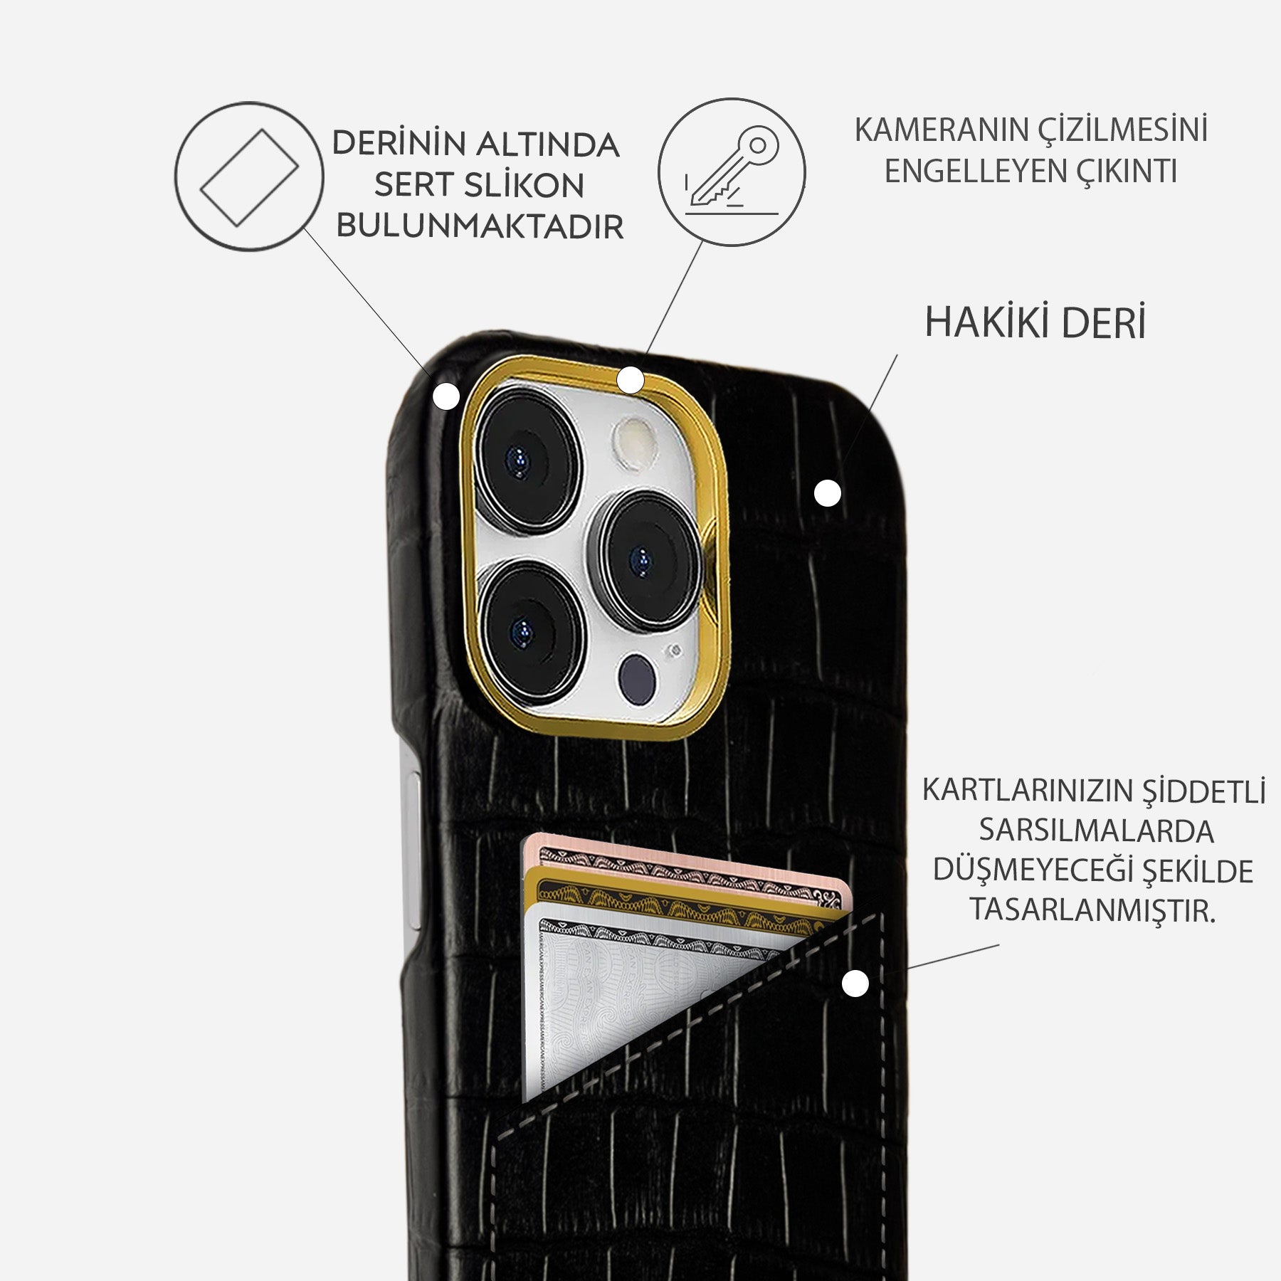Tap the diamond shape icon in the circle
249,177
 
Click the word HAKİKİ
985,322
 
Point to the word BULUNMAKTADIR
480,226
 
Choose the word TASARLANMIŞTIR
1092,910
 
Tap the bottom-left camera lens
530,629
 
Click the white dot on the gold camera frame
631,380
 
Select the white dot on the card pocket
855,984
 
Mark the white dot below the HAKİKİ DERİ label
827,492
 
